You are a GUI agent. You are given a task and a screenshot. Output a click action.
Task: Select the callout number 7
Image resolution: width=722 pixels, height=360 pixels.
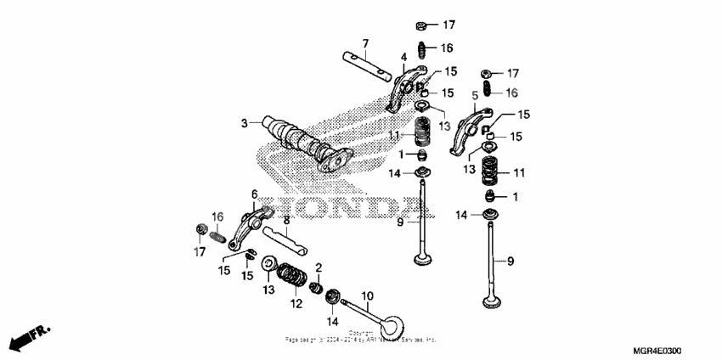[x=365, y=43]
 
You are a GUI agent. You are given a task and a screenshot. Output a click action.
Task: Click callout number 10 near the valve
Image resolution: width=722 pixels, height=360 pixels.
[x=367, y=295]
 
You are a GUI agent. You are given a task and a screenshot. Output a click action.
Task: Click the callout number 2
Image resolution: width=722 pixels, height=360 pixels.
[x=319, y=268]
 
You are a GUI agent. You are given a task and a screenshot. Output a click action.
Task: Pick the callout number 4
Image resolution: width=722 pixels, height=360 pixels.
[x=403, y=58]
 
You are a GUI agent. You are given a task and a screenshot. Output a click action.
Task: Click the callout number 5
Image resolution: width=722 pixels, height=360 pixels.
[x=475, y=95]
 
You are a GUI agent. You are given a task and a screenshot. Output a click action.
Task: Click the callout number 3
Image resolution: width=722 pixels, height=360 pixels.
[x=244, y=124]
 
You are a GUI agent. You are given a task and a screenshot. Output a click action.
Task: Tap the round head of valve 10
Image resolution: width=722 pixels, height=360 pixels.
[x=392, y=326]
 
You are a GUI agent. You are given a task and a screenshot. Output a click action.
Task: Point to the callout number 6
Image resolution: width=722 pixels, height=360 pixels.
[x=253, y=194]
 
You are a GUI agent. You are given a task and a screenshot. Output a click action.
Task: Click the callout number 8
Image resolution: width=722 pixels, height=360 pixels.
[x=286, y=219]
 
